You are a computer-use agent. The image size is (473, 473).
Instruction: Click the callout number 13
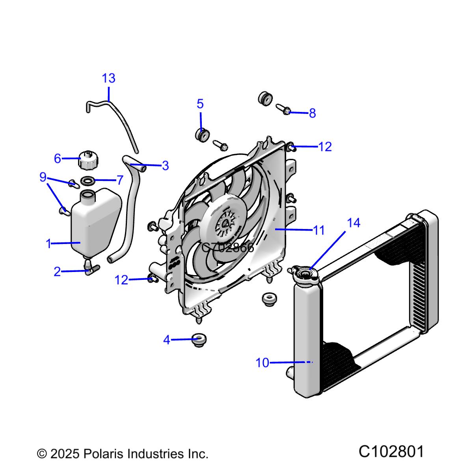(x=109, y=78)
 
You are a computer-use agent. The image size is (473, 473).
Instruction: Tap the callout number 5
(x=200, y=104)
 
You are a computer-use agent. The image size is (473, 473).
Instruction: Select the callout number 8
(x=312, y=114)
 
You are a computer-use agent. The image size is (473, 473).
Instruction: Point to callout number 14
(x=354, y=223)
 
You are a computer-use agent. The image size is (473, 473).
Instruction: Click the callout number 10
(x=262, y=363)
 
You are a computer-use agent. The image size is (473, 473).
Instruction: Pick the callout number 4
(x=167, y=340)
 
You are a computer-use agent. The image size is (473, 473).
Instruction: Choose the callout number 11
(x=318, y=230)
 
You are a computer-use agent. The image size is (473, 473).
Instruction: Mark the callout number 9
(x=43, y=177)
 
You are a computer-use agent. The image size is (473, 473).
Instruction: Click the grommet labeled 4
(x=199, y=339)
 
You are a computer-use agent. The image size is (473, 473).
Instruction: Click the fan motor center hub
(x=225, y=224)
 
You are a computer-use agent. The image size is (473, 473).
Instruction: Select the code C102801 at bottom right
(x=391, y=452)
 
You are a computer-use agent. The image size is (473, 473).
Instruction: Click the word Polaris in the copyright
(x=104, y=454)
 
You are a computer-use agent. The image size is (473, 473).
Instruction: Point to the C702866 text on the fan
(x=227, y=248)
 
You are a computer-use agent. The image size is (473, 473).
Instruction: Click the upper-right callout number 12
(x=325, y=147)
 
